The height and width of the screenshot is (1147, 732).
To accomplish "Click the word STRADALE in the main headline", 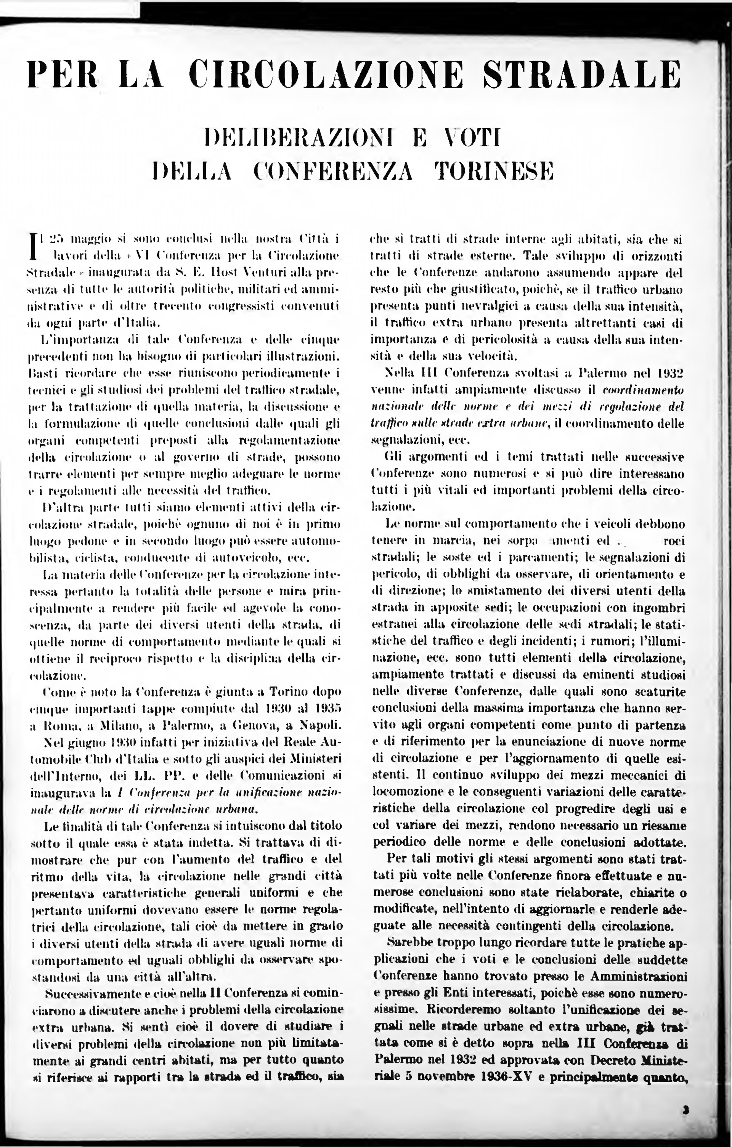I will click(581, 75).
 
